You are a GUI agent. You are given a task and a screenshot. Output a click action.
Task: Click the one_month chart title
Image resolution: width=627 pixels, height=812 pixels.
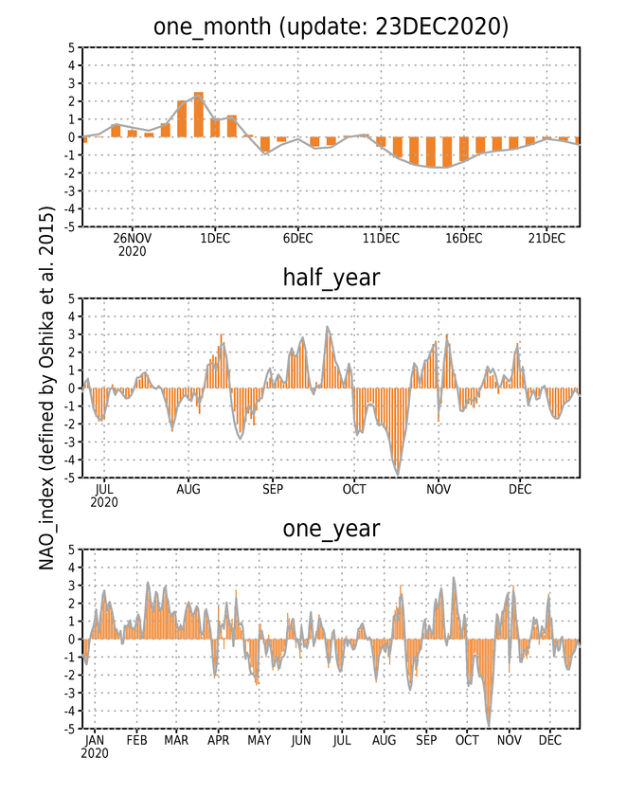coord(331,27)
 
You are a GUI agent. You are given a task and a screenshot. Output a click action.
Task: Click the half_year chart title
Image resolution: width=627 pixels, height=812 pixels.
coord(331,278)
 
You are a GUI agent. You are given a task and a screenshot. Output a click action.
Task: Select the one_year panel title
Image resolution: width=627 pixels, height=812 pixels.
coord(331,529)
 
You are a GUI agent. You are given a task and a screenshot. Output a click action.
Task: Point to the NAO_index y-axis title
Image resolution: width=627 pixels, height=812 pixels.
coord(46,388)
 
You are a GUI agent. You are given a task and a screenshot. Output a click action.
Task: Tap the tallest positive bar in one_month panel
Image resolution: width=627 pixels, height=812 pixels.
coord(198,115)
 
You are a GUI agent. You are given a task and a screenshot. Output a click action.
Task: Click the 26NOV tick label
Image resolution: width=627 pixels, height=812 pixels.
coord(132,238)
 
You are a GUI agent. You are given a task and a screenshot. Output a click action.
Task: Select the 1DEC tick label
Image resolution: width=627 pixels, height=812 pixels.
coord(215,238)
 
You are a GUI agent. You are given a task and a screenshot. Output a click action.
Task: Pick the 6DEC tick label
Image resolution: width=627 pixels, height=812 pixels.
coord(297,238)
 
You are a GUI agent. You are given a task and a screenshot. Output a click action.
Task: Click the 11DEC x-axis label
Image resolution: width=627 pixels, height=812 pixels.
coord(381,238)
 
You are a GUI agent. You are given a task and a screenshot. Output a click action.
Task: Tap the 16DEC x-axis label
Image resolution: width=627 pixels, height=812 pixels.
coord(464,238)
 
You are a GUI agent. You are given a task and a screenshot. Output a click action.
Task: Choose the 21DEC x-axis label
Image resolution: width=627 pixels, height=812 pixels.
coord(546,238)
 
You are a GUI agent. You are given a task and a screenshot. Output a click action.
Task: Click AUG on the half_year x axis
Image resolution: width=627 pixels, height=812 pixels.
coord(188,489)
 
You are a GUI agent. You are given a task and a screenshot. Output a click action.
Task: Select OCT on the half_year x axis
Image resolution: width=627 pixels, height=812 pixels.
coord(354,489)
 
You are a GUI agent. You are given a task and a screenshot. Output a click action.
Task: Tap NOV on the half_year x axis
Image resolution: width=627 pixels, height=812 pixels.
coord(439,489)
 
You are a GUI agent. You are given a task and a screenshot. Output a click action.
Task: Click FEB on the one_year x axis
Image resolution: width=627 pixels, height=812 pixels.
coord(136,741)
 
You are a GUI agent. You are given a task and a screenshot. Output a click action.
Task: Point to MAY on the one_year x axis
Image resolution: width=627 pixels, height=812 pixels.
coord(259,741)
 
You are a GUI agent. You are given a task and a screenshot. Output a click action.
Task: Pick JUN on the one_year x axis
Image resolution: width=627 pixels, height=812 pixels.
coord(301,741)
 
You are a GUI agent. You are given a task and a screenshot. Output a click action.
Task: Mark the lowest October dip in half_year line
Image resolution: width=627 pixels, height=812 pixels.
coord(398,475)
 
